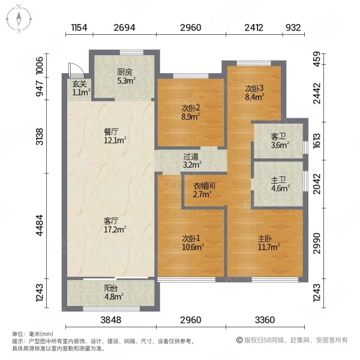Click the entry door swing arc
77,68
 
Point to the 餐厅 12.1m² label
115,136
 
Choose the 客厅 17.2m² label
115,225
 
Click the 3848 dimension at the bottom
110,320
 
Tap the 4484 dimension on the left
40,225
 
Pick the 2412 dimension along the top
254,28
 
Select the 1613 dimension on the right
317,141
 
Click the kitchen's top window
132,52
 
